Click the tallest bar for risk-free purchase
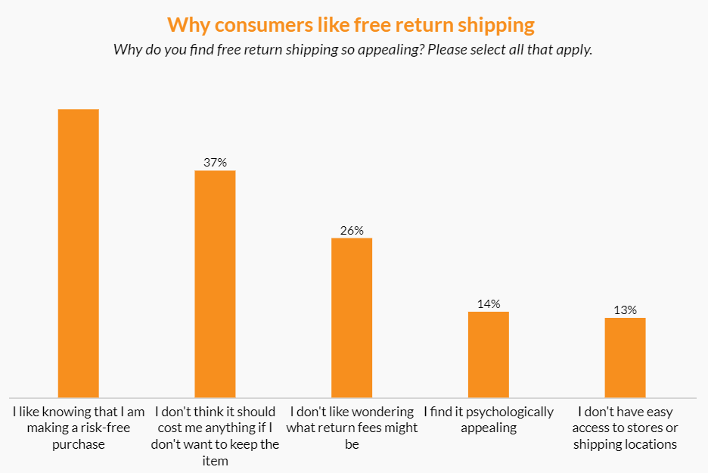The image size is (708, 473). coord(79,253)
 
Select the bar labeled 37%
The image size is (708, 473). coord(215,284)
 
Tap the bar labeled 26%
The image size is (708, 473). coord(352,318)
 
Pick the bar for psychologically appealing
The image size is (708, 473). coord(489,354)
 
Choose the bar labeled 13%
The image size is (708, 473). coord(625,357)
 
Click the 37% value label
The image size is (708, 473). coord(215,162)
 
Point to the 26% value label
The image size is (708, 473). coord(352,230)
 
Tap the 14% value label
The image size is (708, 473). coord(489,303)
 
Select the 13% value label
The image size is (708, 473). coord(625,310)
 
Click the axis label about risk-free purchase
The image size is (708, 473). coord(79,428)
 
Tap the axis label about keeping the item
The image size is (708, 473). coord(215,437)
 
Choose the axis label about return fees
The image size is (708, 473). coord(352,428)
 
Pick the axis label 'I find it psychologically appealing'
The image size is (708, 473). coord(489,420)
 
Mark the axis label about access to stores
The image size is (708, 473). coord(625,428)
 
